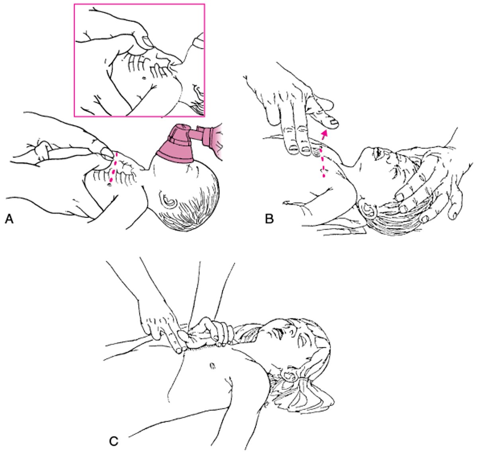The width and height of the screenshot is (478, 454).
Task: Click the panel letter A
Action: coord(9,219)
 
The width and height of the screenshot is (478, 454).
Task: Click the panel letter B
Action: coord(269,219)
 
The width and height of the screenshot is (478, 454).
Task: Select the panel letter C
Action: coord(114,441)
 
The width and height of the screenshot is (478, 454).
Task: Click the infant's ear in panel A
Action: coord(168,199)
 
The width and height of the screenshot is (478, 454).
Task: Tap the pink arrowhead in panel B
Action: coord(325,134)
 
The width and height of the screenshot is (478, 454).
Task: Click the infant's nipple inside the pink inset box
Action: coord(144,78)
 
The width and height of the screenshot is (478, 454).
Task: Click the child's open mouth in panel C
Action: coord(278,331)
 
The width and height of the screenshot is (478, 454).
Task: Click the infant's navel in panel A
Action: coord(109,185)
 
